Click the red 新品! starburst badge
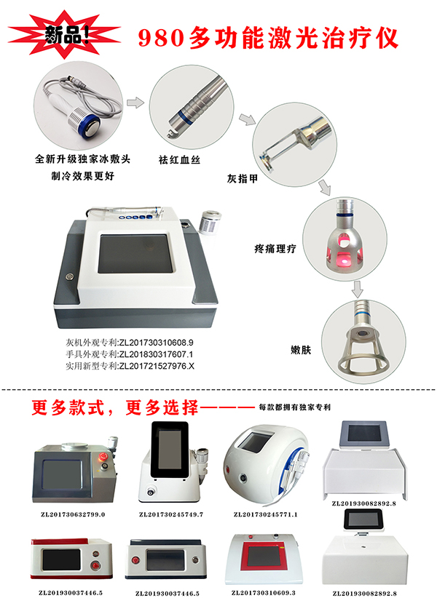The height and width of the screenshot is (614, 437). pos(65,34)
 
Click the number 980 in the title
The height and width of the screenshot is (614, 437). pos(161,38)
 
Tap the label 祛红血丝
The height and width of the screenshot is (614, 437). pos(179,160)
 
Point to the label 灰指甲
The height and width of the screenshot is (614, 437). pos(243,178)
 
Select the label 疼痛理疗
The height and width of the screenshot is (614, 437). pos(275,249)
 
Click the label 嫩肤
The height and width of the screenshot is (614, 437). pos(301,350)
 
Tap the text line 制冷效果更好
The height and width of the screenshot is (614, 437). pos(83,176)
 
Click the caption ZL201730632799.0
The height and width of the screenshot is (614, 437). pos(73,514)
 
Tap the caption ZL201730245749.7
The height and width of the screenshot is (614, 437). pos(171,514)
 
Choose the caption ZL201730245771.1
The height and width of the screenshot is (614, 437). pos(266,514)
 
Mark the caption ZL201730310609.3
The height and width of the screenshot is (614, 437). pos(264,593)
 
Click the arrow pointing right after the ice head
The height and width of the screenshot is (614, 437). pos(135,103)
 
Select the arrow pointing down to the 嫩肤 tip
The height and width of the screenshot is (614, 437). pos(357,289)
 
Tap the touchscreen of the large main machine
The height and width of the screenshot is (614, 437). pos(135,253)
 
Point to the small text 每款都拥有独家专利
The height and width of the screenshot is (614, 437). pos(295,407)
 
